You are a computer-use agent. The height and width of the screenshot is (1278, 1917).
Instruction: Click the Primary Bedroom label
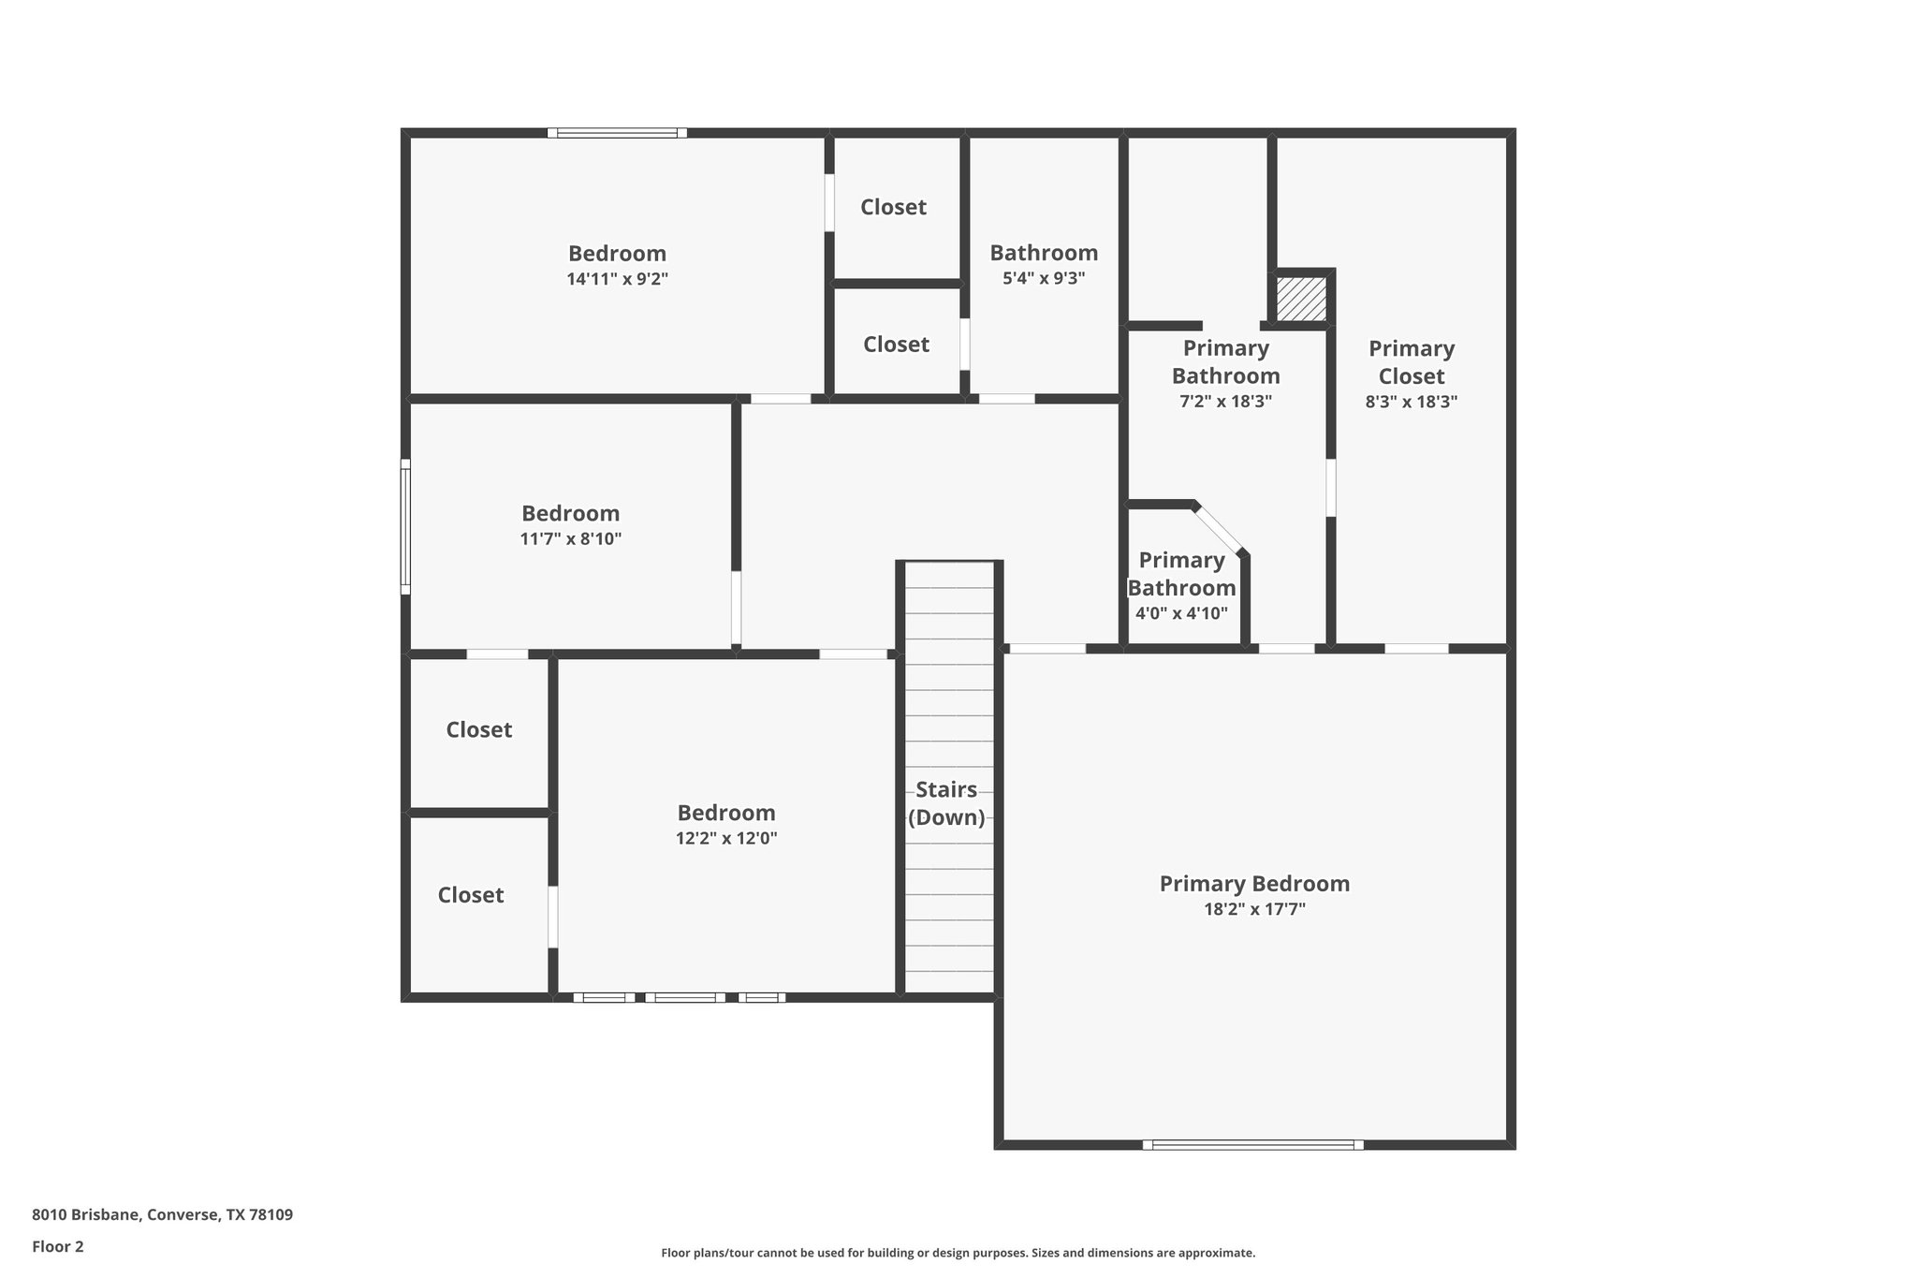[1254, 884]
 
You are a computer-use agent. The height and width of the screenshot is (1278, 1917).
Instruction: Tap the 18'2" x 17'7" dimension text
[1254, 909]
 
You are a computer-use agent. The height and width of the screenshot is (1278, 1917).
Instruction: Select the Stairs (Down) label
[946, 803]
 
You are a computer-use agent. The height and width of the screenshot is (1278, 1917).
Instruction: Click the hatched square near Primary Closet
[1301, 299]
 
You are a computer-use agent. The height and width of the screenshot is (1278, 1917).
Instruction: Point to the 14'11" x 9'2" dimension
[617, 279]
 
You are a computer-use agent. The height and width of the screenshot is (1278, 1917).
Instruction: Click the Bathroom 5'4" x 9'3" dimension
[1044, 278]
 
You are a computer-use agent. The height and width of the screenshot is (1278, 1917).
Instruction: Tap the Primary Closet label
[1412, 362]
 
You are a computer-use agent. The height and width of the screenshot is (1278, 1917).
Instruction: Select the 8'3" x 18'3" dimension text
[1412, 402]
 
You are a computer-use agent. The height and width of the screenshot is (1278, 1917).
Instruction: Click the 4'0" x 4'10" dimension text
[1181, 614]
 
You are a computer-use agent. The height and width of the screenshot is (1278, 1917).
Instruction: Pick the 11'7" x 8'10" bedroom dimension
[571, 539]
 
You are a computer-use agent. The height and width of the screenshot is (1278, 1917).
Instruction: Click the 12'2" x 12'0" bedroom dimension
[726, 838]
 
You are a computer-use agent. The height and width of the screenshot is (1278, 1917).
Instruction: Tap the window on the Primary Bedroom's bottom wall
[1252, 1144]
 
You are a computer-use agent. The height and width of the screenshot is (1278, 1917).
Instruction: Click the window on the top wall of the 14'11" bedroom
[617, 133]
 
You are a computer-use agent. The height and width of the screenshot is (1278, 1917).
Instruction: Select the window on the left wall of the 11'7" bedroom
[405, 526]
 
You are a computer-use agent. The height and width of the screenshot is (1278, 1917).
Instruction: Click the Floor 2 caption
[58, 1246]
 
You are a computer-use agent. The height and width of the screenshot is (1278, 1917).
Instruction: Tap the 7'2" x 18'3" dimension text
[1225, 402]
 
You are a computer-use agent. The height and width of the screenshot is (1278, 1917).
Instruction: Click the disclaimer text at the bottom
[958, 1253]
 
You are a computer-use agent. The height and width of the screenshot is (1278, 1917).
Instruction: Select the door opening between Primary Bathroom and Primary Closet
[1330, 487]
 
